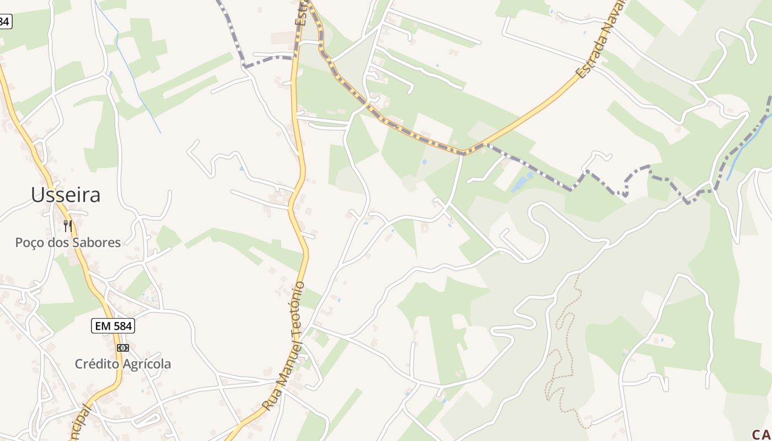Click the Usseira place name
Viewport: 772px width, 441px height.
[x=66, y=195]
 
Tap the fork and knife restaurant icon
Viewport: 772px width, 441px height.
[x=68, y=225]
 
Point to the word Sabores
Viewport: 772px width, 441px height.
[x=96, y=243]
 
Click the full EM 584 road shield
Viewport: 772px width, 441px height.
[x=113, y=326]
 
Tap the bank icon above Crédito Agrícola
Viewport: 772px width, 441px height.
[x=123, y=347]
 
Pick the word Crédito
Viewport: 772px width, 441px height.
[x=96, y=364]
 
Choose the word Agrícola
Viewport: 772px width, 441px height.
[x=146, y=364]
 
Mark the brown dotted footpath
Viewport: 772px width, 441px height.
[x=564, y=353]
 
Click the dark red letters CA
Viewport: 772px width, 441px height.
[x=762, y=434]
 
